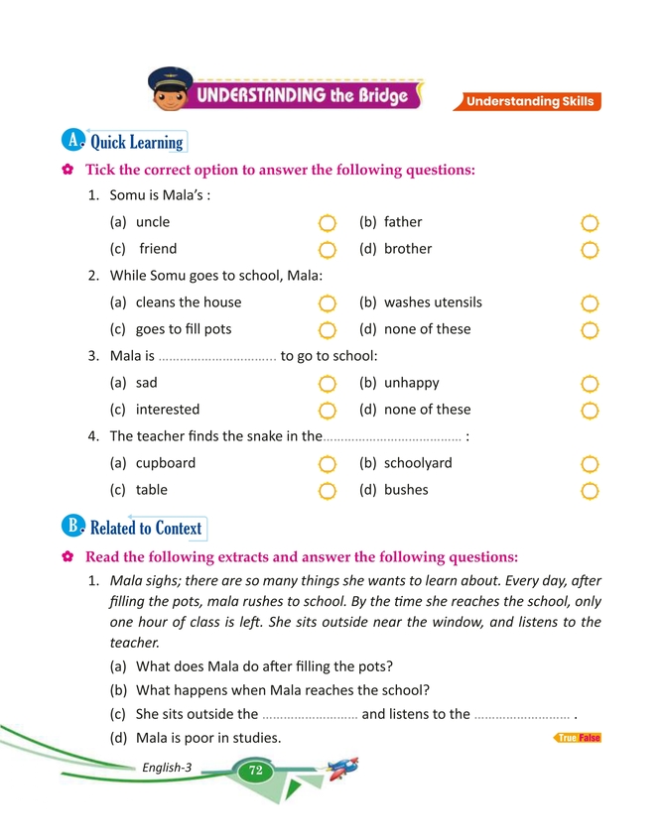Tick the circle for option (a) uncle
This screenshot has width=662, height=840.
coord(328,223)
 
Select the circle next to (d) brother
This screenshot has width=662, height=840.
coord(590,249)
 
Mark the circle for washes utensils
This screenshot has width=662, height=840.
coord(590,302)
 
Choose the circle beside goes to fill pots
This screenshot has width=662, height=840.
coord(328,329)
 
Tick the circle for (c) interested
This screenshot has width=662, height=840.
coord(328,410)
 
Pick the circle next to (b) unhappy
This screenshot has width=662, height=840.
coord(590,383)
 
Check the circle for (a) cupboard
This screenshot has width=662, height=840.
coord(328,463)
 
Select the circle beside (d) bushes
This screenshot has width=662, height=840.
coord(590,490)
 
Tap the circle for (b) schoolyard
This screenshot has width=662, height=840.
coord(590,463)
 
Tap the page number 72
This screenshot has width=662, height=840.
coord(255,771)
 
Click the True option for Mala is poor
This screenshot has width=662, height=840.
coord(568,738)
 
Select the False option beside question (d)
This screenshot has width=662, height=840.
coord(590,738)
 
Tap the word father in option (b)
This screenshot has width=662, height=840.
coord(403,222)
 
